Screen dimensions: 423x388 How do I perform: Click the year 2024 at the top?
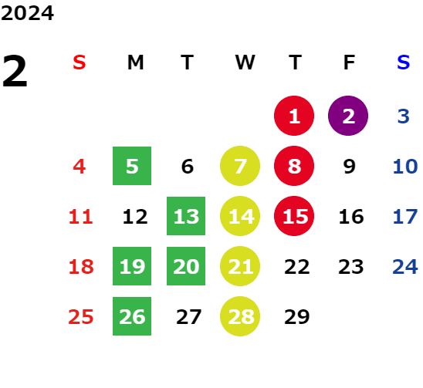pyautogui.click(x=27, y=13)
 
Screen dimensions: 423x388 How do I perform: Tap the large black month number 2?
pyautogui.click(x=15, y=71)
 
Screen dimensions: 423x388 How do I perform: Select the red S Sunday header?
pyautogui.click(x=80, y=62)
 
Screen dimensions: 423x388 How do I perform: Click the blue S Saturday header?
pyautogui.click(x=403, y=62)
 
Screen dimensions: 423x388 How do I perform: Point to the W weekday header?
pyautogui.click(x=245, y=62)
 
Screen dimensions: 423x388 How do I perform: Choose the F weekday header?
pyautogui.click(x=349, y=62)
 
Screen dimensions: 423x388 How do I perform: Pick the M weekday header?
pyautogui.click(x=135, y=62)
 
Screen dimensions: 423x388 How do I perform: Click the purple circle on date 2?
pyautogui.click(x=348, y=116)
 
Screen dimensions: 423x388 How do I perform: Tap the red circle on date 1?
pyautogui.click(x=294, y=116)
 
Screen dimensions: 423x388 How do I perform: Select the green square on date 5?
pyautogui.click(x=132, y=166)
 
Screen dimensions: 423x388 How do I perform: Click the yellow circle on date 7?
pyautogui.click(x=240, y=166)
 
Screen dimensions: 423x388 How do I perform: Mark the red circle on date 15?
pyautogui.click(x=294, y=216)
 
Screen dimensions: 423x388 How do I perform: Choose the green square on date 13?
pyautogui.click(x=186, y=216)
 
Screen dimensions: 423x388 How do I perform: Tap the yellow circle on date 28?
pyautogui.click(x=240, y=316)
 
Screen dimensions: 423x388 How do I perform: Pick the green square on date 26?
pyautogui.click(x=132, y=316)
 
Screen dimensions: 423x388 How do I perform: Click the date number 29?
pyautogui.click(x=297, y=317)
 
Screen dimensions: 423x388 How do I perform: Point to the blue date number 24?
pyautogui.click(x=405, y=267)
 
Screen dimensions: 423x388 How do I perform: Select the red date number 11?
pyautogui.click(x=81, y=217)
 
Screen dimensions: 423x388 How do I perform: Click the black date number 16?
pyautogui.click(x=351, y=217)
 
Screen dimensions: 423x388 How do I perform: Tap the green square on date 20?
pyautogui.click(x=186, y=266)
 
